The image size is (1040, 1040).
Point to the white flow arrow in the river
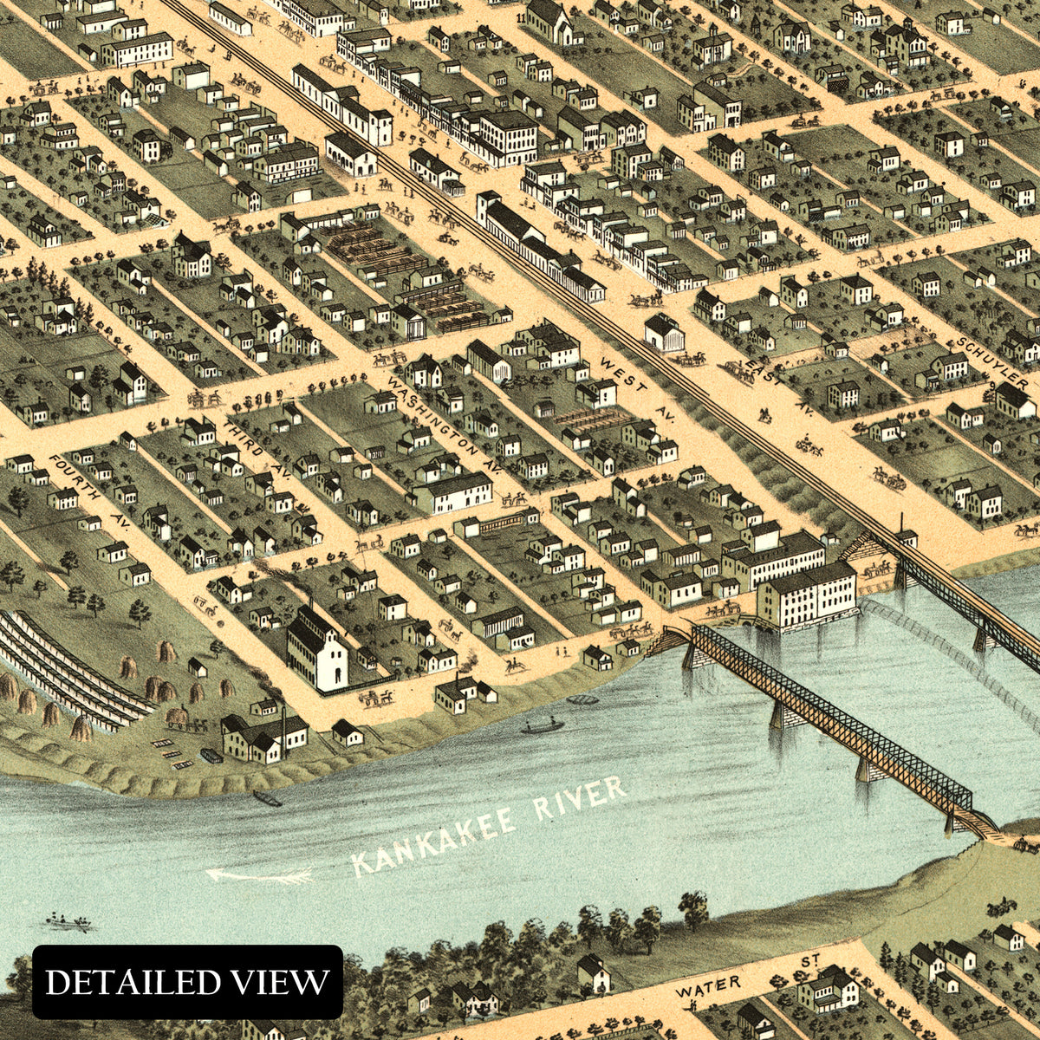259,876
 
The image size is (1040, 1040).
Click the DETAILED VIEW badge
187,982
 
